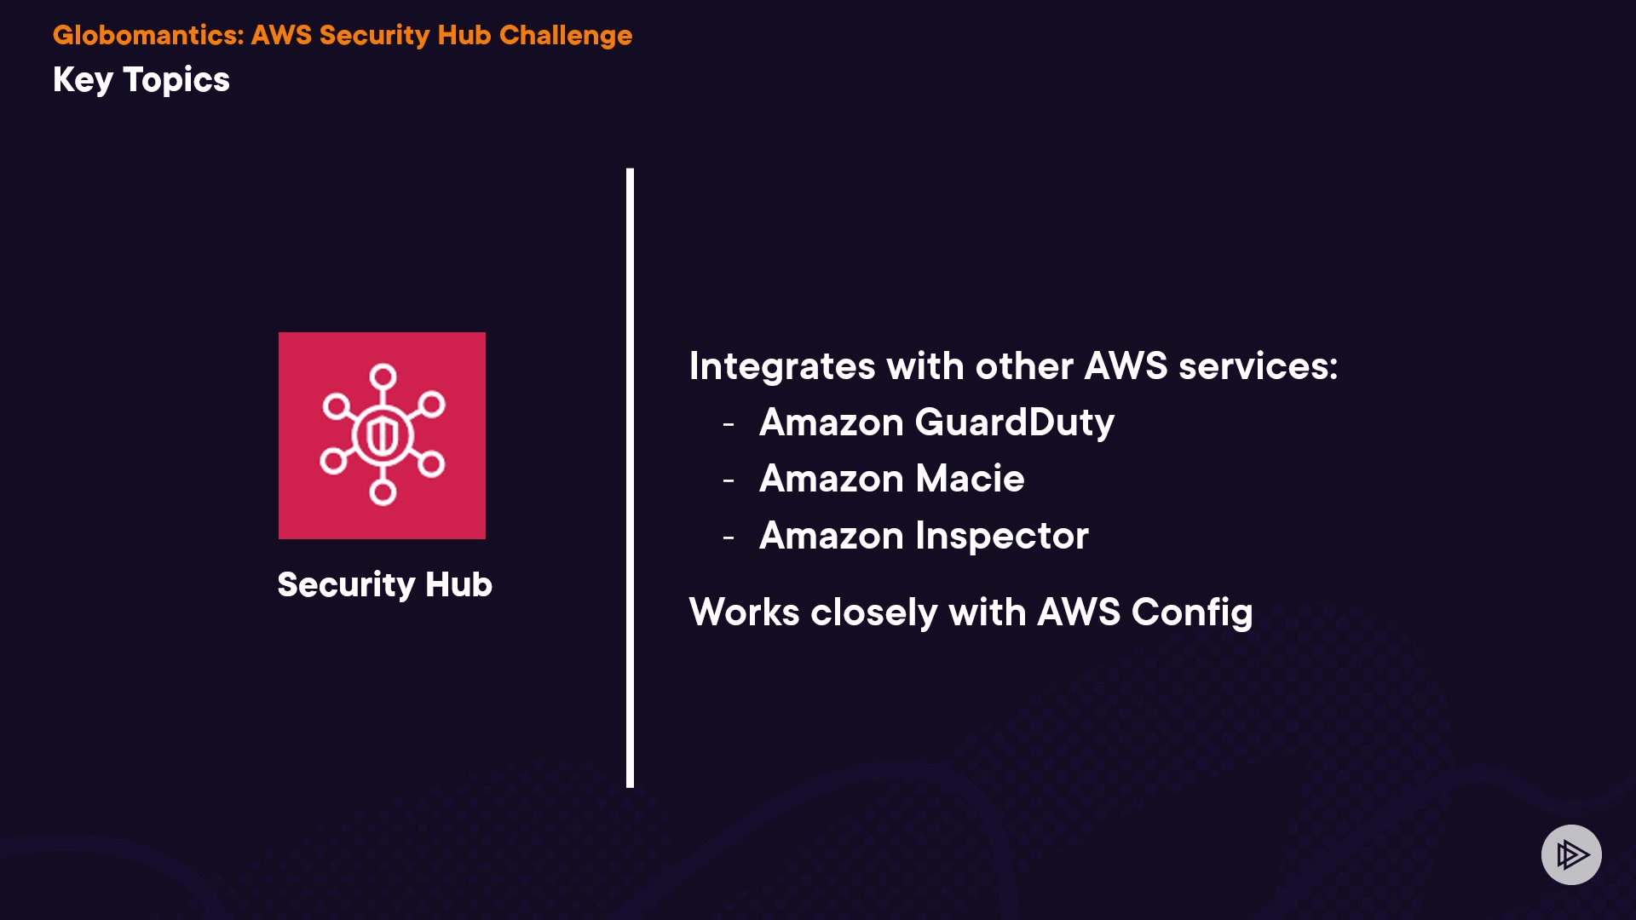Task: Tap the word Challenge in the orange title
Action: [x=566, y=35]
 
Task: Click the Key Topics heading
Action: [x=141, y=80]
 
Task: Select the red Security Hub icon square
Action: [x=382, y=435]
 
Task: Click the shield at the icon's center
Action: [x=383, y=435]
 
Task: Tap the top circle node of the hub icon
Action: [x=383, y=376]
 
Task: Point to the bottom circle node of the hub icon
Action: [x=383, y=492]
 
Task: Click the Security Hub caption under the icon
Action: [x=384, y=584]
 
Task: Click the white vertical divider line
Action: [x=630, y=477]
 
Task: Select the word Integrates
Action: [x=782, y=366]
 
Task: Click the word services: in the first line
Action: [x=1258, y=366]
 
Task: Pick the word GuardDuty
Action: [x=1014, y=423]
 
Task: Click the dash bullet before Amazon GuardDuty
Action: [x=729, y=423]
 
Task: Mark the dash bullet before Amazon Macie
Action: [x=729, y=480]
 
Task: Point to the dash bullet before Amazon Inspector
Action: [x=729, y=538]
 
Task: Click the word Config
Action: [x=1192, y=612]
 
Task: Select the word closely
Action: [x=873, y=612]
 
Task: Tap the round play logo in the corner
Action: [x=1571, y=854]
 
